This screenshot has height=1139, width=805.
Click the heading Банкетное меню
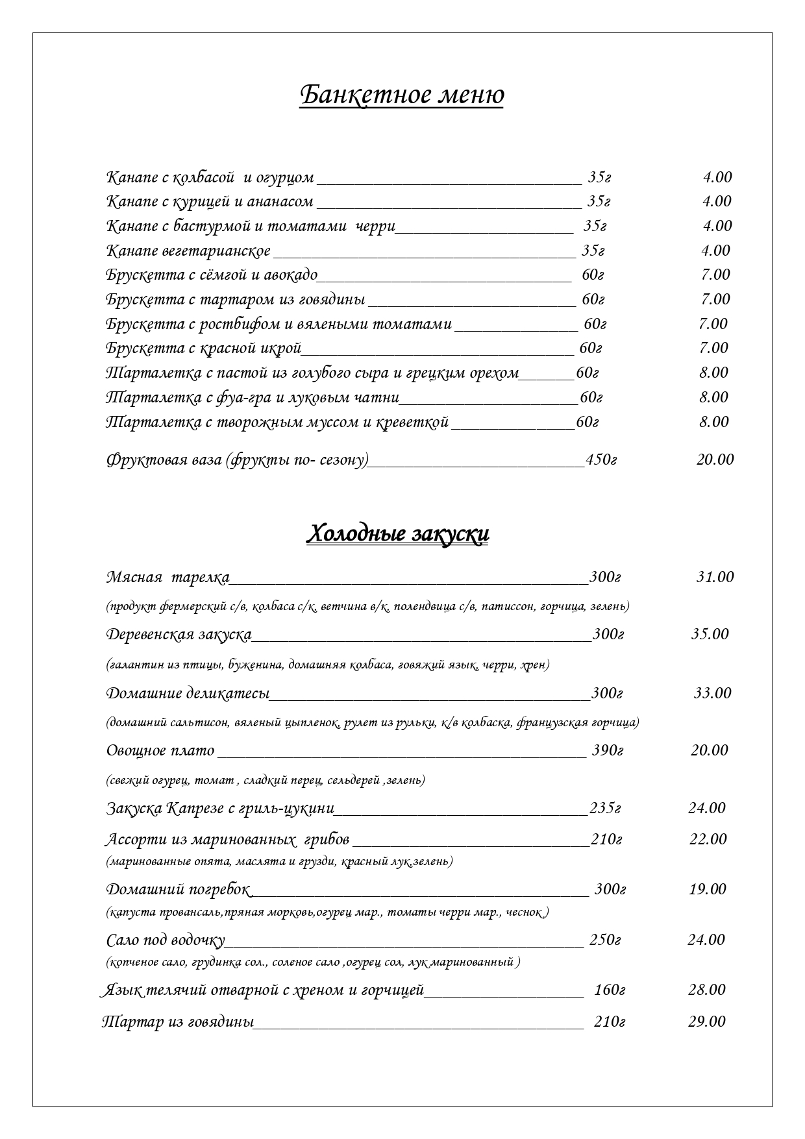[x=402, y=95]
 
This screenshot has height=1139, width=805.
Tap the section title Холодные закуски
[x=397, y=534]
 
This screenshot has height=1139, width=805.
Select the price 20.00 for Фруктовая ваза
[x=715, y=459]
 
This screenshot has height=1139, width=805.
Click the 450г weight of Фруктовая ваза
[x=601, y=459]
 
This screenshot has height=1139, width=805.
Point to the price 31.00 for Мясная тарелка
[x=715, y=577]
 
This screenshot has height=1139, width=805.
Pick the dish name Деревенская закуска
[x=179, y=634]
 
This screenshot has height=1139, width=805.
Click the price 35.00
[x=710, y=634]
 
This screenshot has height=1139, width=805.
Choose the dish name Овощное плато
[x=160, y=751]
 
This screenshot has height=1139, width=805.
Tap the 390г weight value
[x=608, y=751]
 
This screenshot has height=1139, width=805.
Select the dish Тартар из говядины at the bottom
[x=177, y=1022]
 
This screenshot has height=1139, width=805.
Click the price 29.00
[x=706, y=1022]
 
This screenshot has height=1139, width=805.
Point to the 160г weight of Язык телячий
[x=609, y=990]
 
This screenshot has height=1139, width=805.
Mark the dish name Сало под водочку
[x=166, y=940]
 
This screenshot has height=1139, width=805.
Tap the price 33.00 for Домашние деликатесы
[x=712, y=693]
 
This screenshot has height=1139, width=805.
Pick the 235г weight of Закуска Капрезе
[x=605, y=809]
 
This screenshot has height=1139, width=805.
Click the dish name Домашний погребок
[x=179, y=889]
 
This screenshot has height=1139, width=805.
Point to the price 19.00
[x=707, y=889]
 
